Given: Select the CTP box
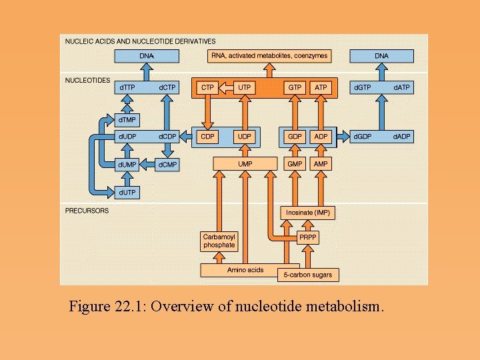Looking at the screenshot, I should click(x=207, y=87).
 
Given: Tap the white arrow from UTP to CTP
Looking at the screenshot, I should click(x=226, y=87).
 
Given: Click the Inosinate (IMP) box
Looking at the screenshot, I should click(x=307, y=213).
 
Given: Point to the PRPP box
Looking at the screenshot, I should click(x=307, y=237).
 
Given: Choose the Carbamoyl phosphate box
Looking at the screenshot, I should click(x=219, y=241).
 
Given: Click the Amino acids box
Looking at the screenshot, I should click(x=245, y=270).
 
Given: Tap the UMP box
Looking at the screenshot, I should click(x=245, y=163).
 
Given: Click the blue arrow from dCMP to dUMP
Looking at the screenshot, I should click(x=148, y=164).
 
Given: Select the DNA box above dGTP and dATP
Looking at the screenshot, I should click(x=381, y=56).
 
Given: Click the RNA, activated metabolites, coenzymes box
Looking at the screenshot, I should click(x=268, y=56).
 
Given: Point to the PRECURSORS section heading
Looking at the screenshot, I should click(x=87, y=211).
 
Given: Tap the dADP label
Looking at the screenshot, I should click(x=401, y=137).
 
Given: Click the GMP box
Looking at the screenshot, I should click(x=295, y=163).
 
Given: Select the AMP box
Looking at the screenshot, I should click(x=321, y=163).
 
